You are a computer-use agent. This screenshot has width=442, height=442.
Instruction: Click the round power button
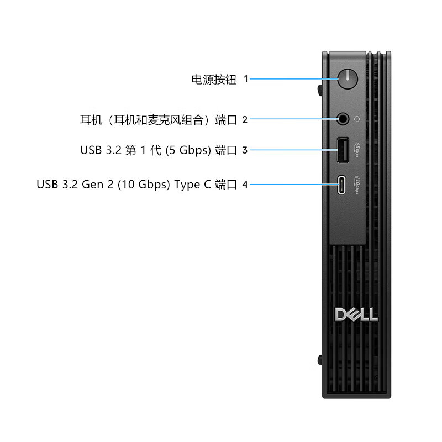tap(346, 78)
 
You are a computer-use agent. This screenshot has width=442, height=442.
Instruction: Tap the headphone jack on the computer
tap(343, 118)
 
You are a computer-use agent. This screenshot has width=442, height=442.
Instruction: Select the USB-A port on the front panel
tap(343, 150)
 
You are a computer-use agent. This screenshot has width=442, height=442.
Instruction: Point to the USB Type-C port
tap(343, 184)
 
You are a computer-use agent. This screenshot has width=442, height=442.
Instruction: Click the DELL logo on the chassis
tap(356, 314)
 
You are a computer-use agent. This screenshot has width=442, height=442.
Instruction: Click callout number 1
tap(245, 79)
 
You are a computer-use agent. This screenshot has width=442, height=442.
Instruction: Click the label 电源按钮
tap(214, 79)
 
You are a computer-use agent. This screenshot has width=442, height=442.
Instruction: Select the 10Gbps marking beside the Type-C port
tap(357, 185)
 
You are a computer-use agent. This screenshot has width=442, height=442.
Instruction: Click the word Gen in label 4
tap(94, 185)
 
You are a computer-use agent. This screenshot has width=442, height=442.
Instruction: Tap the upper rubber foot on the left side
tap(320, 88)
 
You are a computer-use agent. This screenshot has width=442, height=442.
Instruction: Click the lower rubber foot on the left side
tap(320, 359)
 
